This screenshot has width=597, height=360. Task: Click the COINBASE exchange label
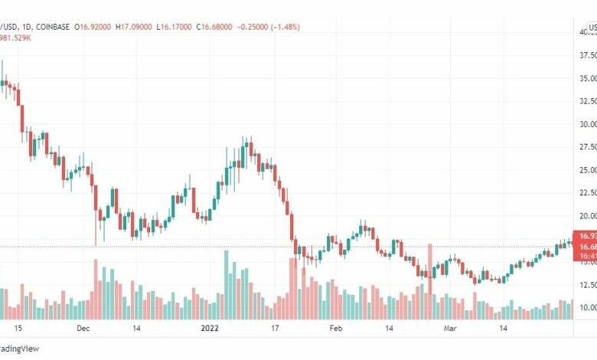pos(47,27)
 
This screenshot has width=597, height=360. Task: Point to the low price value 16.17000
pos(174,27)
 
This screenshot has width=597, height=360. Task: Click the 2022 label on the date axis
pos(210,327)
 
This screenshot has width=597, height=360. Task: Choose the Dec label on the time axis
pos(84,327)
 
